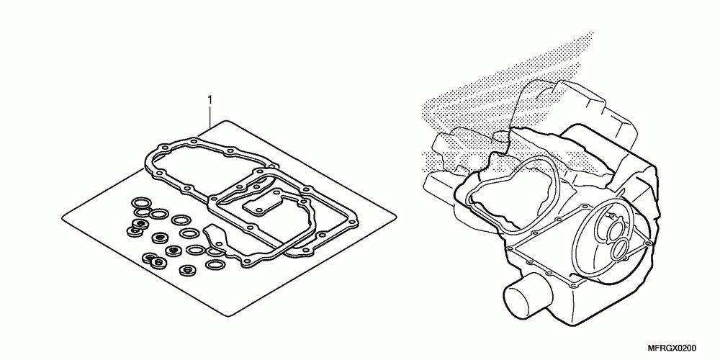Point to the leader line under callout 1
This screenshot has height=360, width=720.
[210, 115]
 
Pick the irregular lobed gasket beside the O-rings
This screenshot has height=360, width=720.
[214, 237]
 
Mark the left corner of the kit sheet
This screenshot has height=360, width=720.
[62, 214]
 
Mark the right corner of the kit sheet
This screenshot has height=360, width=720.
[397, 220]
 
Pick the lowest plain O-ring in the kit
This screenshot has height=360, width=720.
[214, 265]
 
